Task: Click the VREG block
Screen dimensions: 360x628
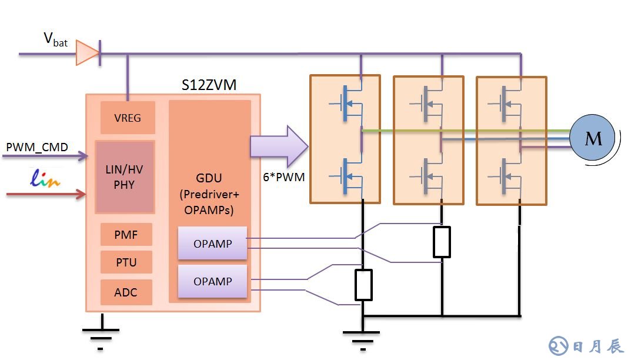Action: point(128,118)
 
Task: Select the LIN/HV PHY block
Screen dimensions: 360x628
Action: point(125,177)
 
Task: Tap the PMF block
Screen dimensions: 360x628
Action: point(126,234)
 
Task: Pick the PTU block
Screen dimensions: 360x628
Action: point(126,262)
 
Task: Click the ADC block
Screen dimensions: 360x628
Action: point(126,292)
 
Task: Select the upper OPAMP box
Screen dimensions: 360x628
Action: point(212,243)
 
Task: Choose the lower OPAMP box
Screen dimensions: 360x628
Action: point(212,281)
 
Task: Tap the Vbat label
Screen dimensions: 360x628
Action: point(55,39)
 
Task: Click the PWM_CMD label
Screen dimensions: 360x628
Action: point(37,146)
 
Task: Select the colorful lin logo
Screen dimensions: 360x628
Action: point(45,178)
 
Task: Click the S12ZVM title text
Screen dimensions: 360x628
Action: point(209,85)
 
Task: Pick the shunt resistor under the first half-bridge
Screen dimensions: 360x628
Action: point(364,285)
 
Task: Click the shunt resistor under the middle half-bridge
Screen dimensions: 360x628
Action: point(442,242)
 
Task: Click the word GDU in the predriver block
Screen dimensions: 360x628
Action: point(209,178)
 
